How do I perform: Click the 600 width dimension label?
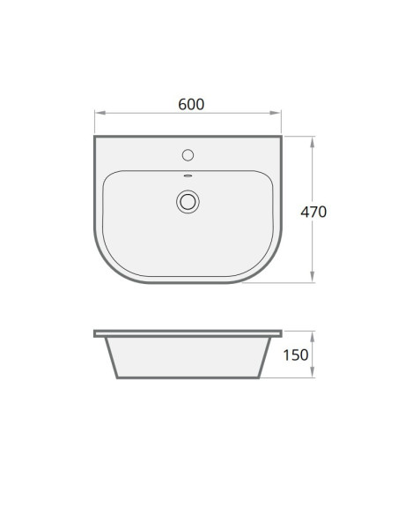191,104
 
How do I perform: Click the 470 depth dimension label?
313,212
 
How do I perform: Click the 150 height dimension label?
295,355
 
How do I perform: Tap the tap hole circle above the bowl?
188,155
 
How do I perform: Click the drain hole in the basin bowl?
188,202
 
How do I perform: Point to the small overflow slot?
188,175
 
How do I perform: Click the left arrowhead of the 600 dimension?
100,113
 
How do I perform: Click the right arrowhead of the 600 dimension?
276,113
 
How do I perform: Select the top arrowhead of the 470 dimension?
312,142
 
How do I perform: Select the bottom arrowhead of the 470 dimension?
312,277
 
